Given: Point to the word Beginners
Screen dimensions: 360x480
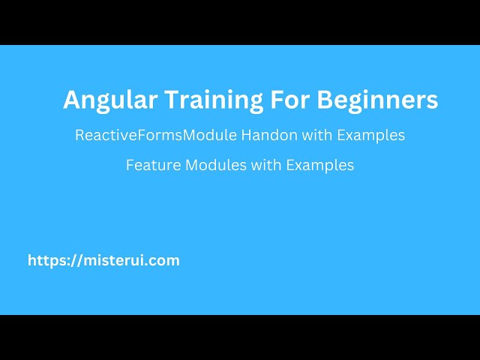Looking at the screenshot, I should click(378, 100).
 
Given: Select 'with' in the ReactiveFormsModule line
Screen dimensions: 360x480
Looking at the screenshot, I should click(292, 136).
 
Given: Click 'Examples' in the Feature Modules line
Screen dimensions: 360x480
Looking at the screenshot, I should click(319, 165).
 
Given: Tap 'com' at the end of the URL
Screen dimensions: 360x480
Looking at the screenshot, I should click(166, 261).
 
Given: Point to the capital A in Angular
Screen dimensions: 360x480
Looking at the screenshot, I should click(70, 100).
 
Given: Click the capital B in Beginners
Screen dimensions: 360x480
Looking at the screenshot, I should click(325, 100).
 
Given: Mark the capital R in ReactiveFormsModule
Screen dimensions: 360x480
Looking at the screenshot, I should click(79, 136).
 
